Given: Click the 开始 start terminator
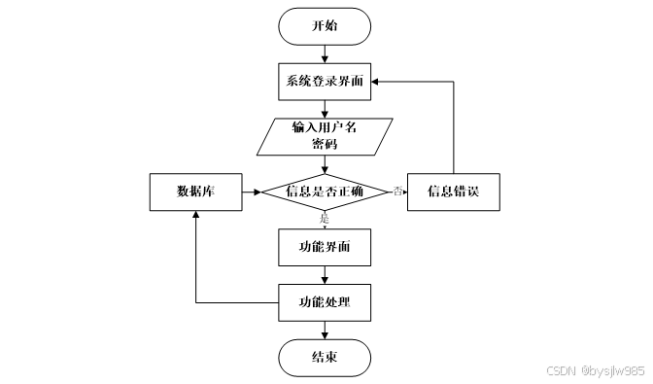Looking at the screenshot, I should pos(325,26).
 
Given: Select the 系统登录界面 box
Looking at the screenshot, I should pos(325,82).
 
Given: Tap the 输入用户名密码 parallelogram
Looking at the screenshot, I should pos(325,136).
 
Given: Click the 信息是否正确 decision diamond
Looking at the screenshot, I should pos(325,192).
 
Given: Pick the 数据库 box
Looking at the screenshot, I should pos(195,192).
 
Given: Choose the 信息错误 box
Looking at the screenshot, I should pos(455,192).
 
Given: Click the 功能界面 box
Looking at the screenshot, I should pos(325,248).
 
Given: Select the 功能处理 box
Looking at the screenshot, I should pos(325,302).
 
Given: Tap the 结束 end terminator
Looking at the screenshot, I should pos(325,357).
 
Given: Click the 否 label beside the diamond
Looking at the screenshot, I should pos(397,192).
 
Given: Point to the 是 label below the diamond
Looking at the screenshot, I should pos(326,219).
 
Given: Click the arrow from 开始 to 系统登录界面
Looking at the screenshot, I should pos(325,53).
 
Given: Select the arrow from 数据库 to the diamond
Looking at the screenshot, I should pos(251,192).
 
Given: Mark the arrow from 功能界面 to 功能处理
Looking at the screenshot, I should pos(325,275).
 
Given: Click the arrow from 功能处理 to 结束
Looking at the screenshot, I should pos(325,330).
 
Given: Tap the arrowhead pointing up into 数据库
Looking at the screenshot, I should pos(195,216).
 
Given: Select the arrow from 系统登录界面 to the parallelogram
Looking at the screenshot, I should pos(325,109).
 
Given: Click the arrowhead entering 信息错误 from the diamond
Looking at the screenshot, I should pos(403,192).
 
